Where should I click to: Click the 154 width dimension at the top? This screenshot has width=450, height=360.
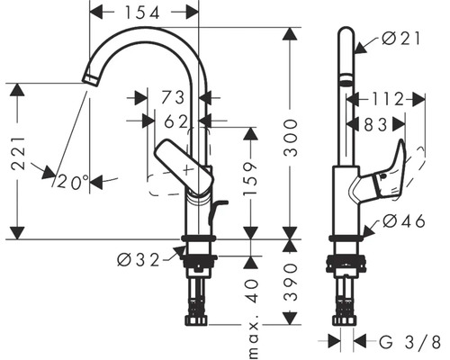click(144, 13)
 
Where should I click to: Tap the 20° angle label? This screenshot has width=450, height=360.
click(74, 182)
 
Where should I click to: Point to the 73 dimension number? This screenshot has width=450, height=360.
click(173, 96)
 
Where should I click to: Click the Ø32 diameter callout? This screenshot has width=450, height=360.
click(139, 259)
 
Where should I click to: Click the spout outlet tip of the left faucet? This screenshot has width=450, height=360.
click(87, 82)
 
